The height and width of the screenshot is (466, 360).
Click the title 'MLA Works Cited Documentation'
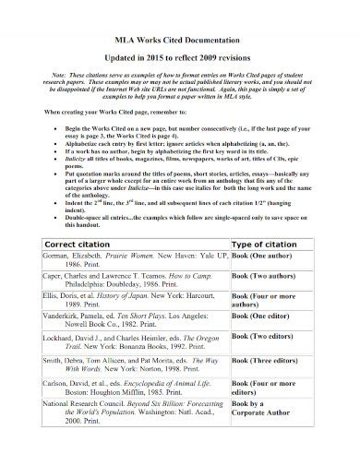pos(180,42)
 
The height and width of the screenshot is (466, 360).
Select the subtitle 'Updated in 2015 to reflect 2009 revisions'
pos(180,58)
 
